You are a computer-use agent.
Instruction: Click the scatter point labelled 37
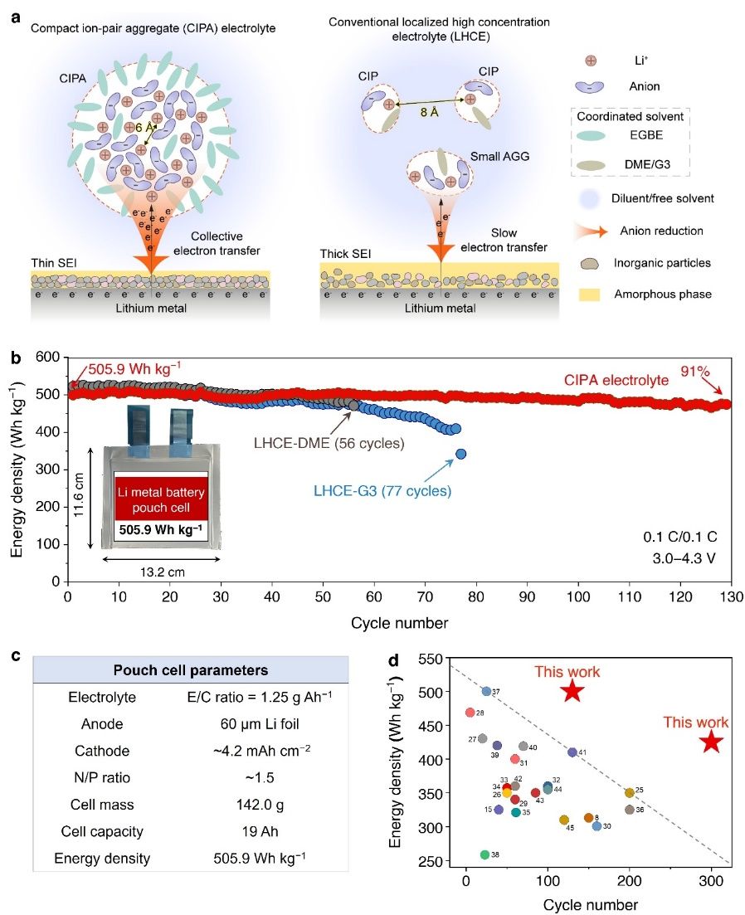click(486, 691)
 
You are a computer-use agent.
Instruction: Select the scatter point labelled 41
click(572, 752)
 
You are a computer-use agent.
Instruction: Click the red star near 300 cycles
click(710, 742)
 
